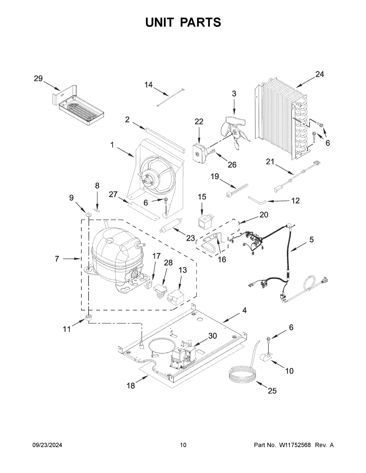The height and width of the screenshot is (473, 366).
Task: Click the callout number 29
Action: click(38, 79)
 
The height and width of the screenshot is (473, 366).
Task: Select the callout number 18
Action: click(131, 386)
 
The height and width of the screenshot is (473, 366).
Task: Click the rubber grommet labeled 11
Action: click(89, 318)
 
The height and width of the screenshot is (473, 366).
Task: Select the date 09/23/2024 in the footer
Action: click(47, 445)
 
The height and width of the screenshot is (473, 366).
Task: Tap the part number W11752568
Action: click(294, 445)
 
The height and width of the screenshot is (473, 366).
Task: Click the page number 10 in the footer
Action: click(183, 445)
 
